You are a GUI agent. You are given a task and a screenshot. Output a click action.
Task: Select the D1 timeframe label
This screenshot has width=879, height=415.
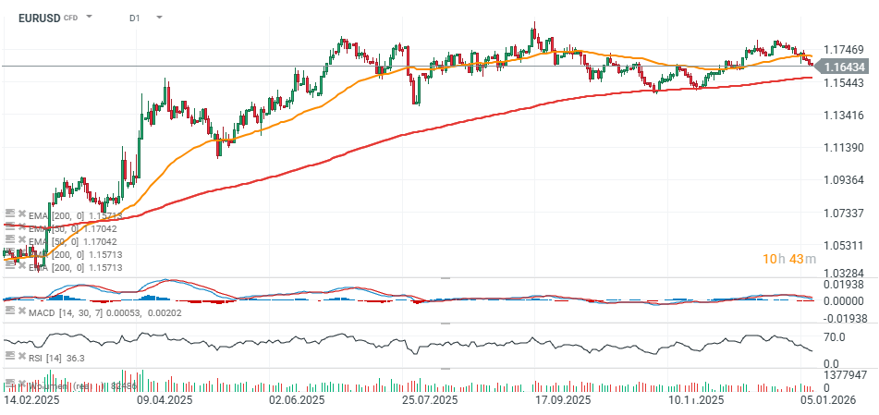tap(135, 18)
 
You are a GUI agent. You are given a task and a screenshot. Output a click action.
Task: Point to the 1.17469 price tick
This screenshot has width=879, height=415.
tap(844, 50)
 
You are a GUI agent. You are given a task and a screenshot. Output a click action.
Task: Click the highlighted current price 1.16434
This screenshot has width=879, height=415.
tap(844, 67)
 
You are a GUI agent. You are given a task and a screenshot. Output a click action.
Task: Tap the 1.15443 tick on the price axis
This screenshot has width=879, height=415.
tap(844, 83)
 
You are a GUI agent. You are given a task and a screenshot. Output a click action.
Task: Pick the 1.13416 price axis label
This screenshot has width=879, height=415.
tap(844, 116)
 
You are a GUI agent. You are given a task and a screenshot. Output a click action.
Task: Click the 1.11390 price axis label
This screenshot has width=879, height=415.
tap(844, 148)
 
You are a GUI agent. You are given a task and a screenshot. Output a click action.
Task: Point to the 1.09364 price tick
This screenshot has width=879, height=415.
tap(844, 180)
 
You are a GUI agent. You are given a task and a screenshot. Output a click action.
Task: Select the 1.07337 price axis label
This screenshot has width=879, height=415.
tap(844, 213)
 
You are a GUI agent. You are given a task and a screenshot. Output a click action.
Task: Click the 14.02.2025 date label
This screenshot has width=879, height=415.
tap(31, 401)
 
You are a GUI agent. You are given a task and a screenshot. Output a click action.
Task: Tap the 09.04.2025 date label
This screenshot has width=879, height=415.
tap(164, 401)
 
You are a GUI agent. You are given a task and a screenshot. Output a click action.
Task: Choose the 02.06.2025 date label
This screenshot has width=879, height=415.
tap(297, 401)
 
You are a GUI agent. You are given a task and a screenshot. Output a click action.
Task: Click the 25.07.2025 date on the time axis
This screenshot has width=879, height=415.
tap(430, 401)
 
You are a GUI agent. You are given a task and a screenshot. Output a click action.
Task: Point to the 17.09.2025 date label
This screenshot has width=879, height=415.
tap(563, 401)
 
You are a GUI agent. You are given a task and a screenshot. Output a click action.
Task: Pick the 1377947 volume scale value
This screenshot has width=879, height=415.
tap(846, 375)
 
